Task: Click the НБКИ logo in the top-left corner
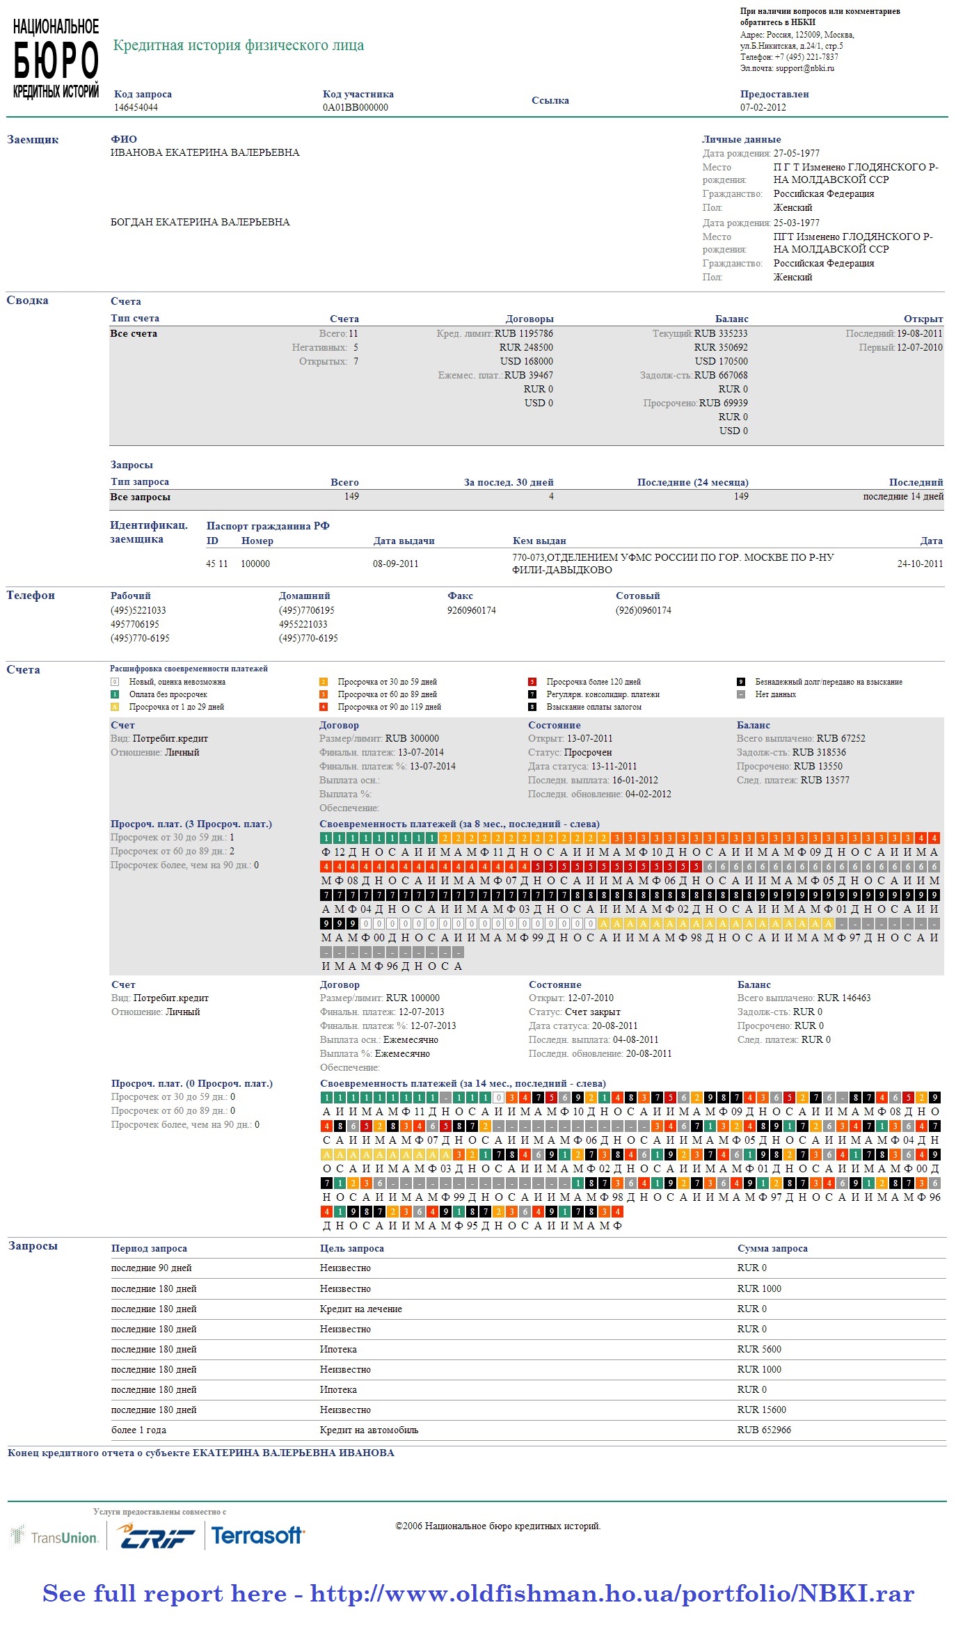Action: pos(56,59)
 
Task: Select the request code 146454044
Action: pos(136,107)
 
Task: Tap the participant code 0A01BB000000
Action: pos(355,107)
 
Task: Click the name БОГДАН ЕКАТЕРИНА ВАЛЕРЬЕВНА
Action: pos(200,222)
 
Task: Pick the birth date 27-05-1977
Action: pos(796,153)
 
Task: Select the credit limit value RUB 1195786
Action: pos(524,333)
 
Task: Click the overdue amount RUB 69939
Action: pos(723,403)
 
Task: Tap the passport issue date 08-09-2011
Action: pos(395,564)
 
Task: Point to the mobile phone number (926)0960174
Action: pos(643,610)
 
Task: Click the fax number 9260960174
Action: pos(471,610)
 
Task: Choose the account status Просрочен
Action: pos(587,752)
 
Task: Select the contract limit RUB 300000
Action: pos(412,738)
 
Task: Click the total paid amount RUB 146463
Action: pos(843,998)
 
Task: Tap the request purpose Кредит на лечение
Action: pos(360,1309)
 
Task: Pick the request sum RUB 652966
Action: pos(763,1430)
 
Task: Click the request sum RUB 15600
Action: pos(761,1410)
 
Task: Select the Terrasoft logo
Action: pos(257,1536)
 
